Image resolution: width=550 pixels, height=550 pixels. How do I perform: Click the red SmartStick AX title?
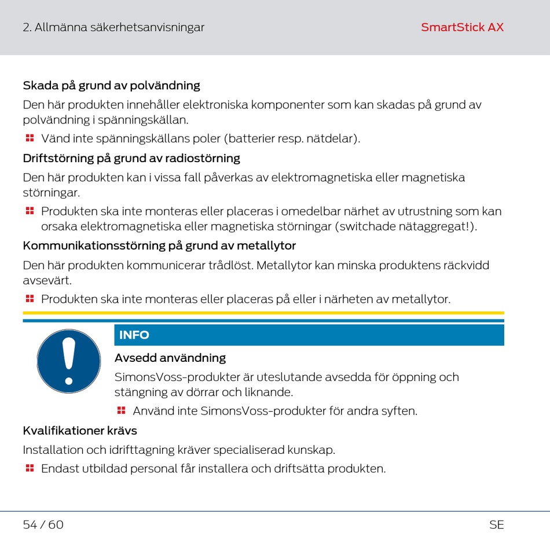point(462,27)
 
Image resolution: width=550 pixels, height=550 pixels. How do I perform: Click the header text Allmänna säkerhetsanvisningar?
point(119,27)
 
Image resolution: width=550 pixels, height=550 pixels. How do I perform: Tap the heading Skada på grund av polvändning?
point(111,86)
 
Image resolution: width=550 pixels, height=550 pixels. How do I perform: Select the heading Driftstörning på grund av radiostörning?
point(131,158)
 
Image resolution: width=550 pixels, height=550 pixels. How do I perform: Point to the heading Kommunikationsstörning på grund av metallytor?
point(159,245)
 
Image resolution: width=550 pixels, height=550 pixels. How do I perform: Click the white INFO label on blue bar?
point(134,335)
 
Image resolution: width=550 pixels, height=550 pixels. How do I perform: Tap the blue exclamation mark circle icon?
point(69,361)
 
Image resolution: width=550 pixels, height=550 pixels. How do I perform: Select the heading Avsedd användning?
point(170,358)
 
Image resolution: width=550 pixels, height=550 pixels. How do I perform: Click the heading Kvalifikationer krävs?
point(80,431)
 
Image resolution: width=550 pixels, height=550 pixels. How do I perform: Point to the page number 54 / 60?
point(43,525)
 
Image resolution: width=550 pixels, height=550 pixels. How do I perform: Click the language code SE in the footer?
point(496,525)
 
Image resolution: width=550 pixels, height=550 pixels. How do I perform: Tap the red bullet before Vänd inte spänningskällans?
point(30,138)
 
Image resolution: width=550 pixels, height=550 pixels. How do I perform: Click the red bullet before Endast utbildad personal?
point(30,468)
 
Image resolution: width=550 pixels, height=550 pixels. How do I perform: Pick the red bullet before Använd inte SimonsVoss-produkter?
point(121,410)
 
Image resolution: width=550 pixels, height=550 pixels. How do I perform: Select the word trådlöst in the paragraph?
point(229,266)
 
